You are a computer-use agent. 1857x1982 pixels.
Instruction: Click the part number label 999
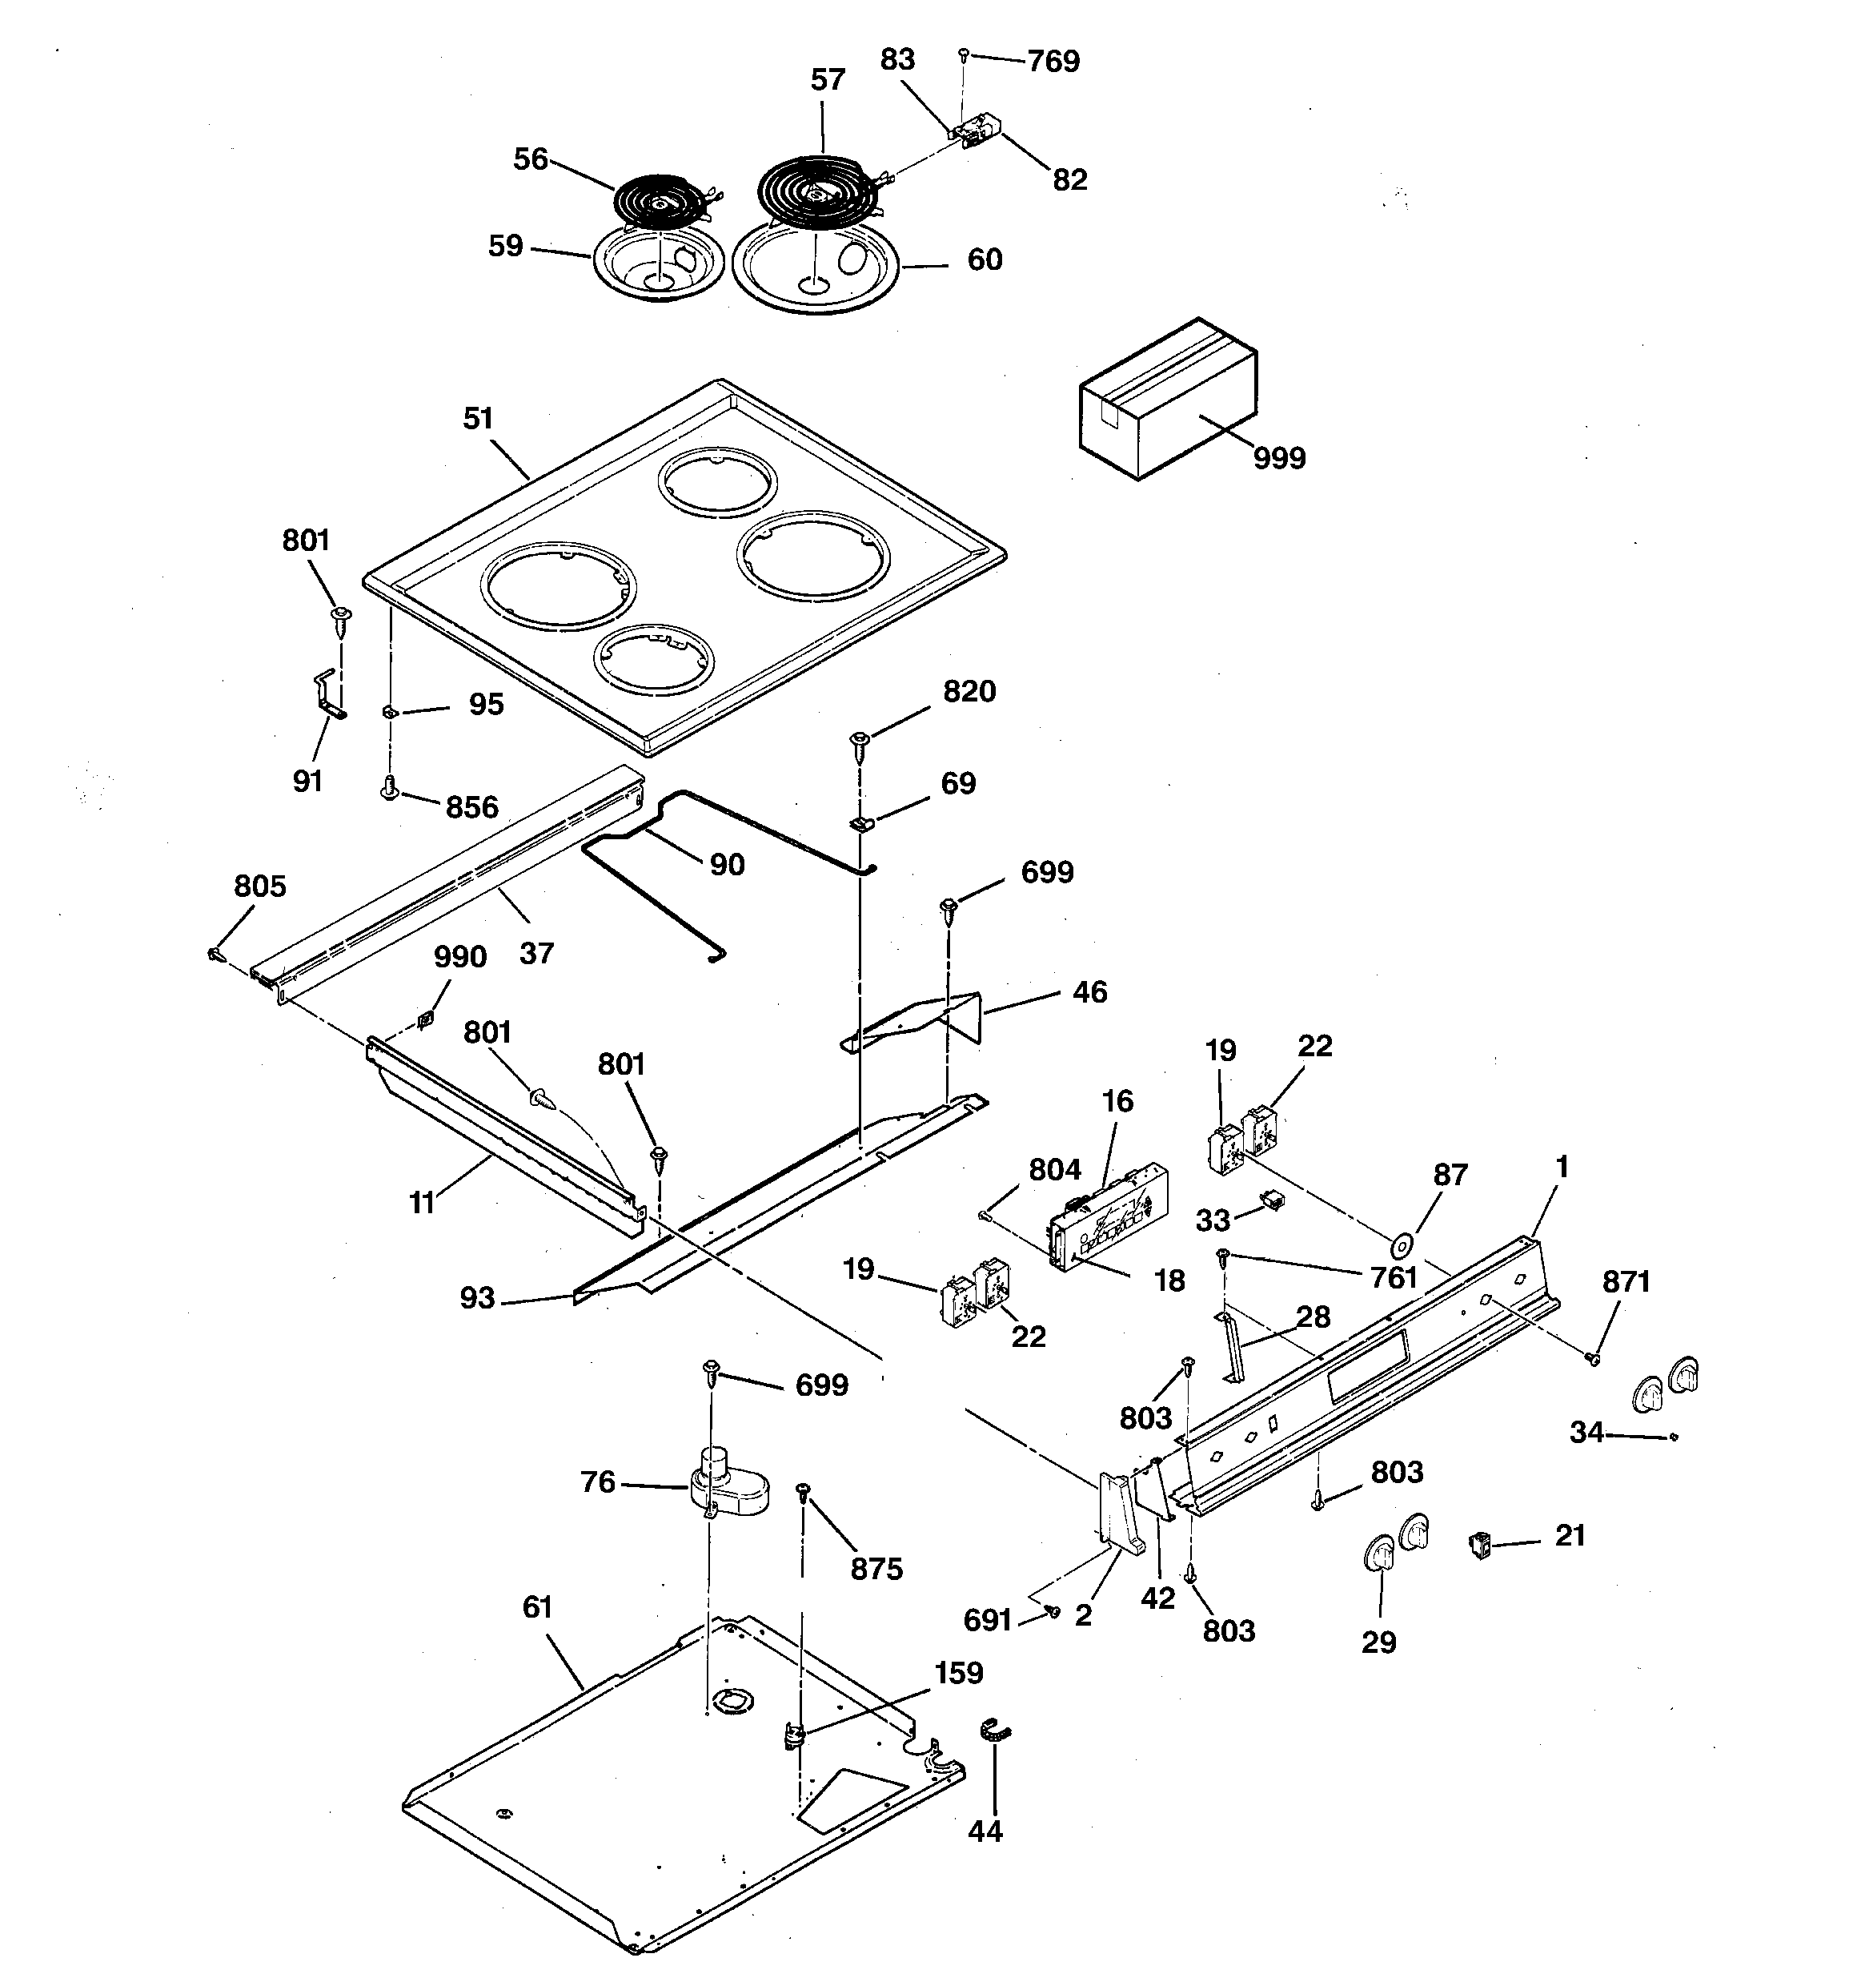click(x=1279, y=459)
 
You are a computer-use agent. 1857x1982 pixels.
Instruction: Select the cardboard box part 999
click(x=1166, y=399)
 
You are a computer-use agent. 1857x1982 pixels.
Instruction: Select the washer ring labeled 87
click(x=1402, y=1245)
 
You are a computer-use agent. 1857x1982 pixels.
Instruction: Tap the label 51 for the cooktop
click(x=479, y=419)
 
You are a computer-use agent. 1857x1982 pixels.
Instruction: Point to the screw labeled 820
click(x=859, y=741)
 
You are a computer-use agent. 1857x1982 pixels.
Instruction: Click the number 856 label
click(x=471, y=807)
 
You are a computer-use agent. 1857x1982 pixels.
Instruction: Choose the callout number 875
click(x=876, y=1570)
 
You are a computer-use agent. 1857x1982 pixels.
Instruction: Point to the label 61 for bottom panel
click(x=537, y=1607)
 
